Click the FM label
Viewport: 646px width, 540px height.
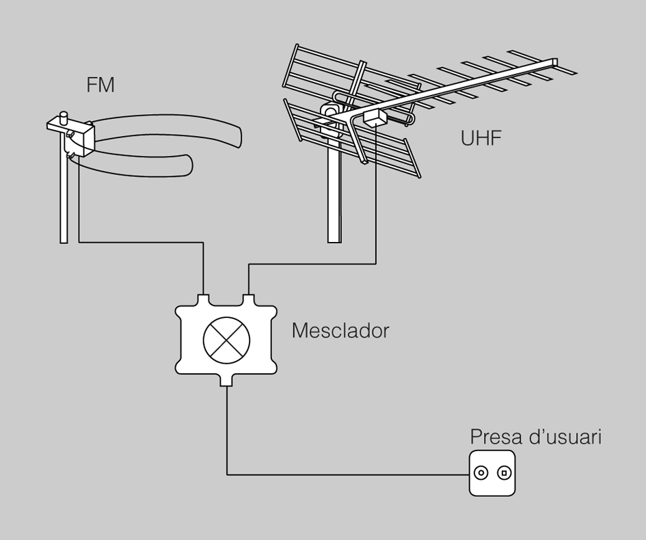[x=100, y=85]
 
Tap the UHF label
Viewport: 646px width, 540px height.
[x=481, y=139]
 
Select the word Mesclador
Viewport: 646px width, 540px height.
[x=340, y=331]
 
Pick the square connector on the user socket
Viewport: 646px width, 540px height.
[x=504, y=472]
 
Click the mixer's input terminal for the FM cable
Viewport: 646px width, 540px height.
[x=204, y=299]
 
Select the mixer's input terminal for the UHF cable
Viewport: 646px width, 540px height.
[x=247, y=299]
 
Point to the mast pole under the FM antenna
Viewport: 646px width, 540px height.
[x=64, y=198]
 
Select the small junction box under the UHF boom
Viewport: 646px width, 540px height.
[x=375, y=119]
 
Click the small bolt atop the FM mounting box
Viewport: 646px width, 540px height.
[x=64, y=118]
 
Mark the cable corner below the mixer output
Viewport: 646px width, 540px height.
[x=227, y=473]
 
